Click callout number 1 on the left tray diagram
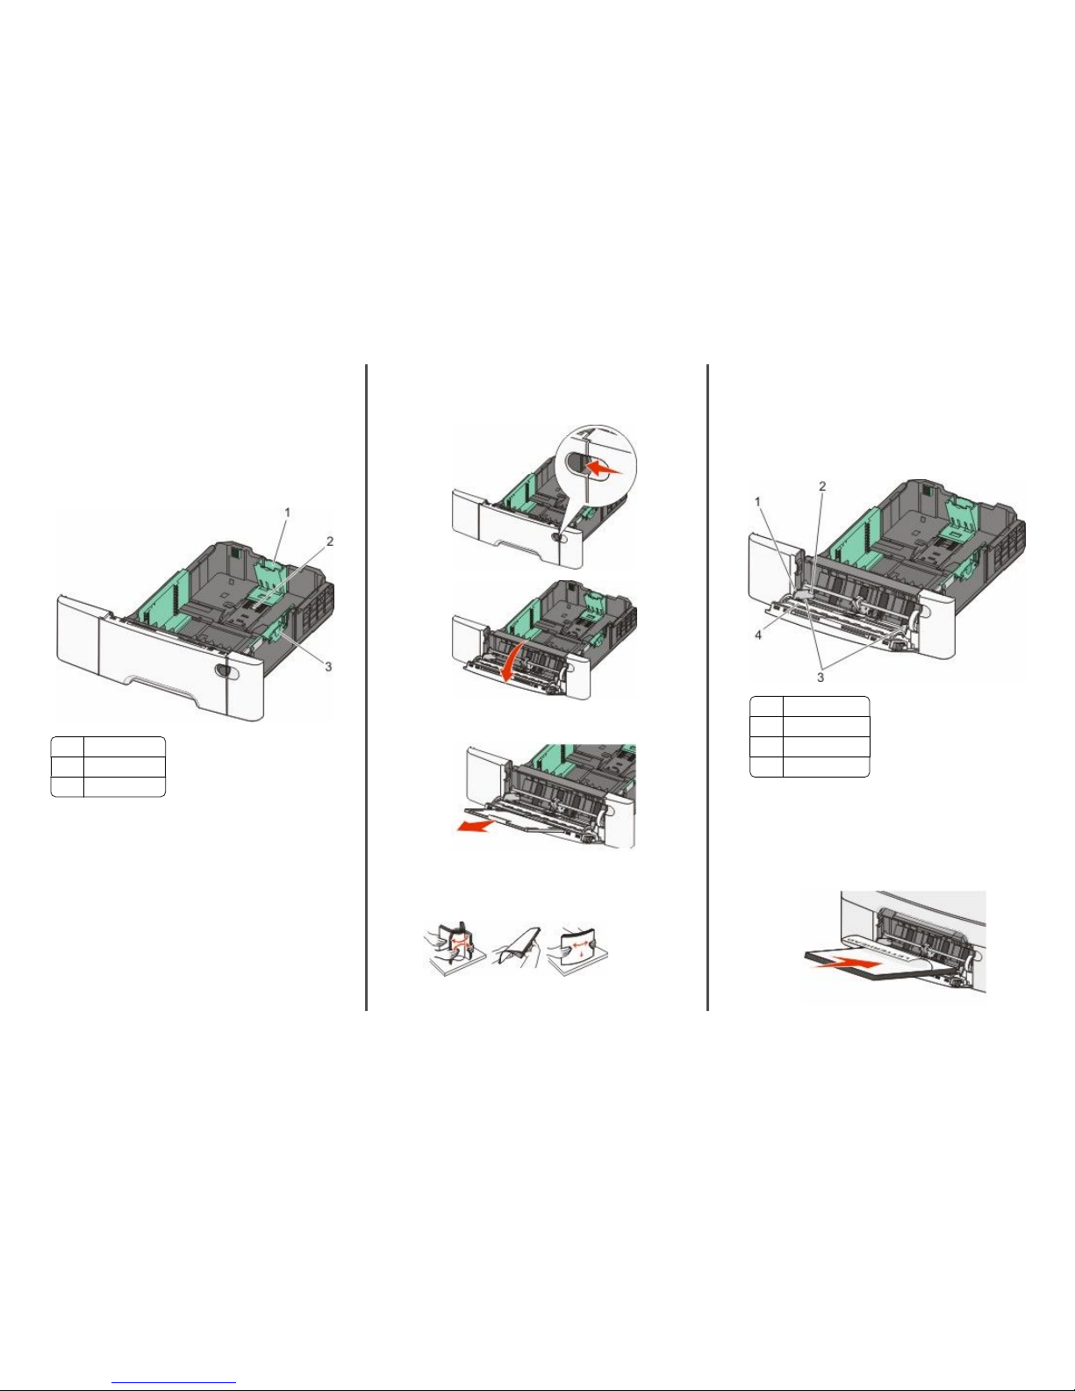click(x=287, y=513)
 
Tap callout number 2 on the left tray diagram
click(x=330, y=541)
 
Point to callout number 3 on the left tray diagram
click(x=328, y=667)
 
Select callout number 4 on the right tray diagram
click(x=758, y=635)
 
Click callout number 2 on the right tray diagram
click(x=823, y=486)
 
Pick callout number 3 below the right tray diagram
click(x=821, y=678)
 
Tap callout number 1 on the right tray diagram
click(x=757, y=502)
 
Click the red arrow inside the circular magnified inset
click(x=604, y=469)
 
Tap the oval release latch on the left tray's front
click(x=225, y=670)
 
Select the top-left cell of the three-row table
click(x=68, y=748)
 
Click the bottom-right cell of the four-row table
click(x=826, y=767)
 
